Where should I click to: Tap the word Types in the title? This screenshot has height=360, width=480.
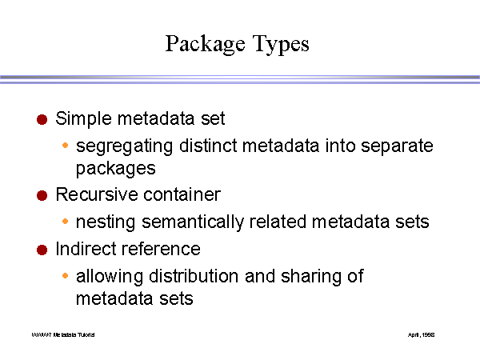click(x=278, y=43)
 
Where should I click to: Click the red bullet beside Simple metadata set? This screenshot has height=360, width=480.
click(x=42, y=120)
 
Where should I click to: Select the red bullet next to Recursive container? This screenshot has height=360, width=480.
click(x=42, y=195)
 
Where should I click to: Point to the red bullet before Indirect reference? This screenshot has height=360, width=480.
click(x=42, y=250)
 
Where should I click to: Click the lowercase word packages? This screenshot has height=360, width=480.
click(x=115, y=170)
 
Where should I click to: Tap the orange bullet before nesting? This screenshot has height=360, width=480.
click(x=66, y=222)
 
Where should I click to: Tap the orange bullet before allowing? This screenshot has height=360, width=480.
click(x=66, y=277)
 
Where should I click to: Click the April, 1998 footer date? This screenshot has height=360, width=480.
click(x=422, y=334)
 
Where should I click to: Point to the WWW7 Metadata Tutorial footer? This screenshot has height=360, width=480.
click(x=63, y=334)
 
